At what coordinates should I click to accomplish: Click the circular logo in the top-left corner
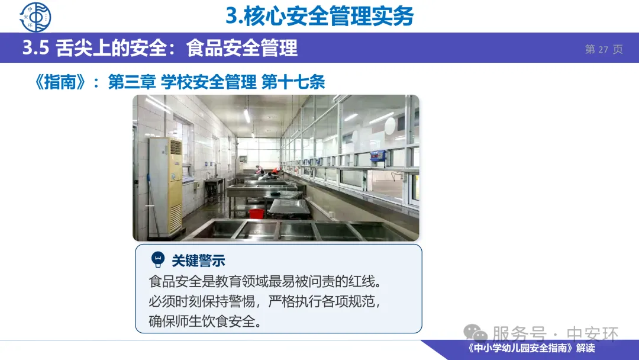[35, 17]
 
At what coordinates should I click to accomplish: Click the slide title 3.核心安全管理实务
[319, 17]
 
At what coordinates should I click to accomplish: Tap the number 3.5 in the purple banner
[35, 48]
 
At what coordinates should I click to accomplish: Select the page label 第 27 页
[604, 49]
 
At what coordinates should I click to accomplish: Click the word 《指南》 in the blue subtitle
[60, 82]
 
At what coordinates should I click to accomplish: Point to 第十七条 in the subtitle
[293, 82]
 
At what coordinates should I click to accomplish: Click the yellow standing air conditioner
[166, 187]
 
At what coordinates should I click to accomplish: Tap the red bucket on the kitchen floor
[256, 213]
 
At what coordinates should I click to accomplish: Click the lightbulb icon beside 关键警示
[158, 259]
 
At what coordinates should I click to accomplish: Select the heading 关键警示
[198, 261]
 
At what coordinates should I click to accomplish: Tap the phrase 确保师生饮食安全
[202, 322]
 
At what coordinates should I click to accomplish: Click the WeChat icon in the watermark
[475, 333]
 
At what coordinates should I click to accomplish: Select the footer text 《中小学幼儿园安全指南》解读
[531, 348]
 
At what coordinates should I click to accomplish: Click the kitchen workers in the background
[268, 171]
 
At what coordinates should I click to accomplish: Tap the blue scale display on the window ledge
[377, 156]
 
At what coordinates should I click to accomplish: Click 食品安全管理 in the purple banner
[242, 48]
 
